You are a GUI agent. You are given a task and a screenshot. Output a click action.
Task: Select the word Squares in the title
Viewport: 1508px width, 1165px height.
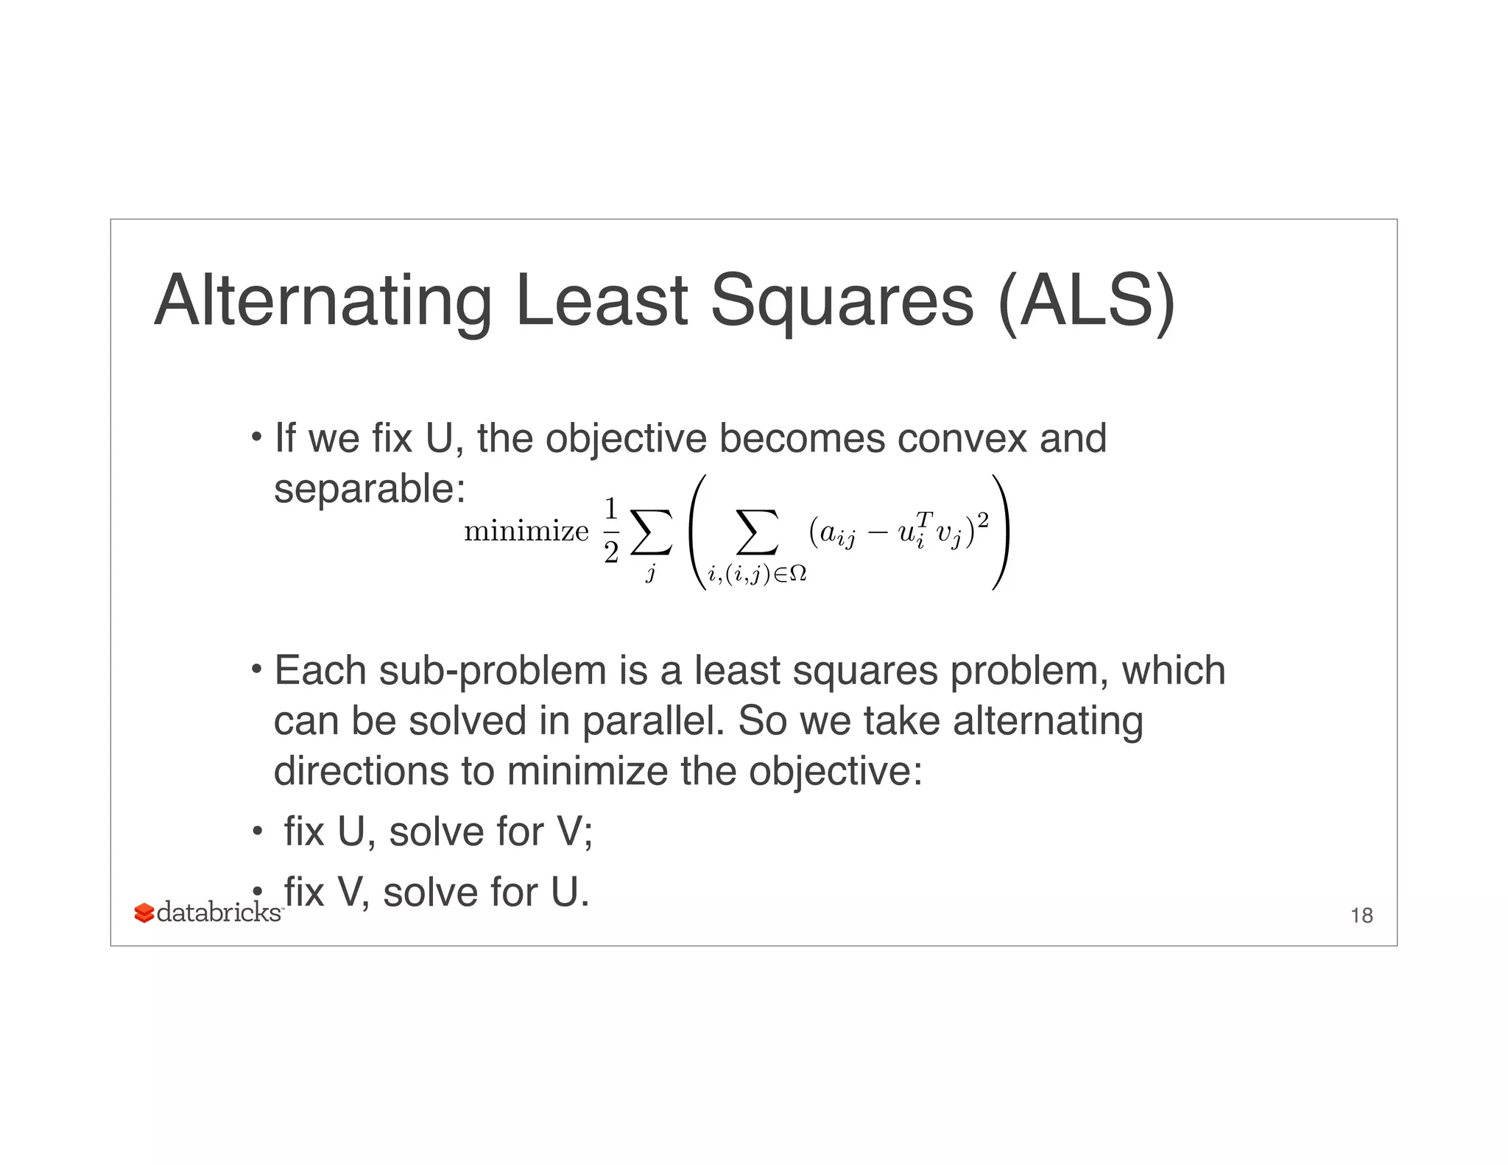[842, 301]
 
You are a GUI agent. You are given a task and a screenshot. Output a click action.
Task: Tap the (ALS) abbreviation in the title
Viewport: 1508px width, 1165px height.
[1087, 301]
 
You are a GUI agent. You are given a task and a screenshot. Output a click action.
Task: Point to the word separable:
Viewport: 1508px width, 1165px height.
[370, 489]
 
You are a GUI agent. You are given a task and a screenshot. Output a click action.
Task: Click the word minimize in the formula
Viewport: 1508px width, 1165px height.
[526, 531]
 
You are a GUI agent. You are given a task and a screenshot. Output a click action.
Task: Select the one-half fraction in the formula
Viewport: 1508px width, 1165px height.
[610, 530]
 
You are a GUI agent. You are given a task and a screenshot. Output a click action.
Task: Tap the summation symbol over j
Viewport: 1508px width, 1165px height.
[651, 532]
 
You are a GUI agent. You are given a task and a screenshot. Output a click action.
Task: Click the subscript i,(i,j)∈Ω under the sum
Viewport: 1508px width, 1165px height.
[757, 574]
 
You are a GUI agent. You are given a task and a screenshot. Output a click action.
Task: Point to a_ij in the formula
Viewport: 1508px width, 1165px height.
[837, 533]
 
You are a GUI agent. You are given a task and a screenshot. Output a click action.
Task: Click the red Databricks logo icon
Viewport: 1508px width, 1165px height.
[144, 913]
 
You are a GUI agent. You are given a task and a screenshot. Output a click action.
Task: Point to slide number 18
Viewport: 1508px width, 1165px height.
[1361, 915]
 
